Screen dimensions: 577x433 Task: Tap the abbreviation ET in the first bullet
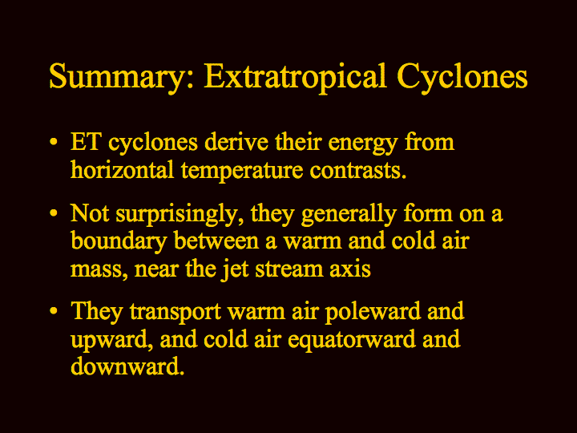pos(86,142)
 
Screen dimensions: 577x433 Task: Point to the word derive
pos(236,142)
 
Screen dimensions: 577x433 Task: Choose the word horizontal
pos(122,170)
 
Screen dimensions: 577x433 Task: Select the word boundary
pos(119,242)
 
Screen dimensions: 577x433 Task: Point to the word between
pos(216,241)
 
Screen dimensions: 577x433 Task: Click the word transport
pos(176,313)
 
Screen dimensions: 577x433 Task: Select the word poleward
pos(373,311)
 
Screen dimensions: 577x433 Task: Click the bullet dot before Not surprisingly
pos(54,212)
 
